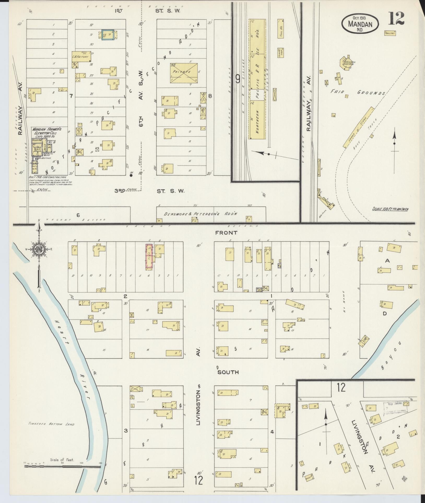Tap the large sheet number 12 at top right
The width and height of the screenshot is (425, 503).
coord(396,19)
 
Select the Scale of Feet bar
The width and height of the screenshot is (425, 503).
coord(63,466)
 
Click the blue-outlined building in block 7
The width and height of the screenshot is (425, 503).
coord(108,35)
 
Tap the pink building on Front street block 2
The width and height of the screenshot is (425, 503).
coord(149,256)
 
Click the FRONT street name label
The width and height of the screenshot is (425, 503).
coord(222,232)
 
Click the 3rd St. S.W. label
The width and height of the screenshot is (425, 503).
coord(150,191)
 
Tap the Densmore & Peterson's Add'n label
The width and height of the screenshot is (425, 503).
coord(200,214)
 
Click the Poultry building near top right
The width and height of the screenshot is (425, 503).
coord(390,33)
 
